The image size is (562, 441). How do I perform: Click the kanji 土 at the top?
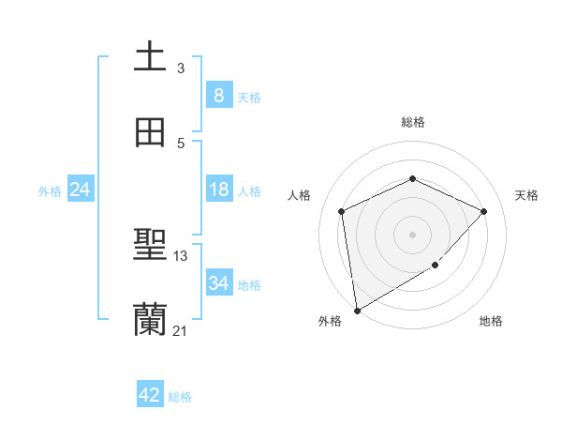(x=150, y=57)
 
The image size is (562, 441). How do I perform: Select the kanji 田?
(x=150, y=133)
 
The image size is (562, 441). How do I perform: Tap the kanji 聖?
(x=150, y=247)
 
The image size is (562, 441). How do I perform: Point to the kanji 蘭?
(x=150, y=320)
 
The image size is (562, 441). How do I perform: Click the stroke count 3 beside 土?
(x=181, y=68)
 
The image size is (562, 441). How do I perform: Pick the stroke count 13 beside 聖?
(x=181, y=256)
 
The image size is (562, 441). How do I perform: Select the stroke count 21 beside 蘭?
(x=181, y=330)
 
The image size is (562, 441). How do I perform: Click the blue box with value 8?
(x=218, y=95)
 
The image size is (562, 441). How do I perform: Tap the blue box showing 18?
(x=218, y=190)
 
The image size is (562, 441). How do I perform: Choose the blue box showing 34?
(x=218, y=282)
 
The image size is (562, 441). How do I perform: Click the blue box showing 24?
(x=81, y=190)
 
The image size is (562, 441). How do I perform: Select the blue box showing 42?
(x=150, y=395)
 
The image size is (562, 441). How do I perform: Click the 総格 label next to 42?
(x=180, y=397)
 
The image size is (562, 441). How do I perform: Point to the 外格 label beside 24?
(x=50, y=191)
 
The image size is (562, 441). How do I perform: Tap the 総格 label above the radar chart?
(x=412, y=122)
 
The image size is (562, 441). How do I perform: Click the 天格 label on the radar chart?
(x=526, y=195)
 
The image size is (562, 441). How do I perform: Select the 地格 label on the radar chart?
(x=491, y=322)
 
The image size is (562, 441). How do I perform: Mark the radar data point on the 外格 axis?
(x=356, y=310)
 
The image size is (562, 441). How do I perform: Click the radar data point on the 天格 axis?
(x=483, y=211)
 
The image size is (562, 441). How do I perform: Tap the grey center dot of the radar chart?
(x=412, y=234)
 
